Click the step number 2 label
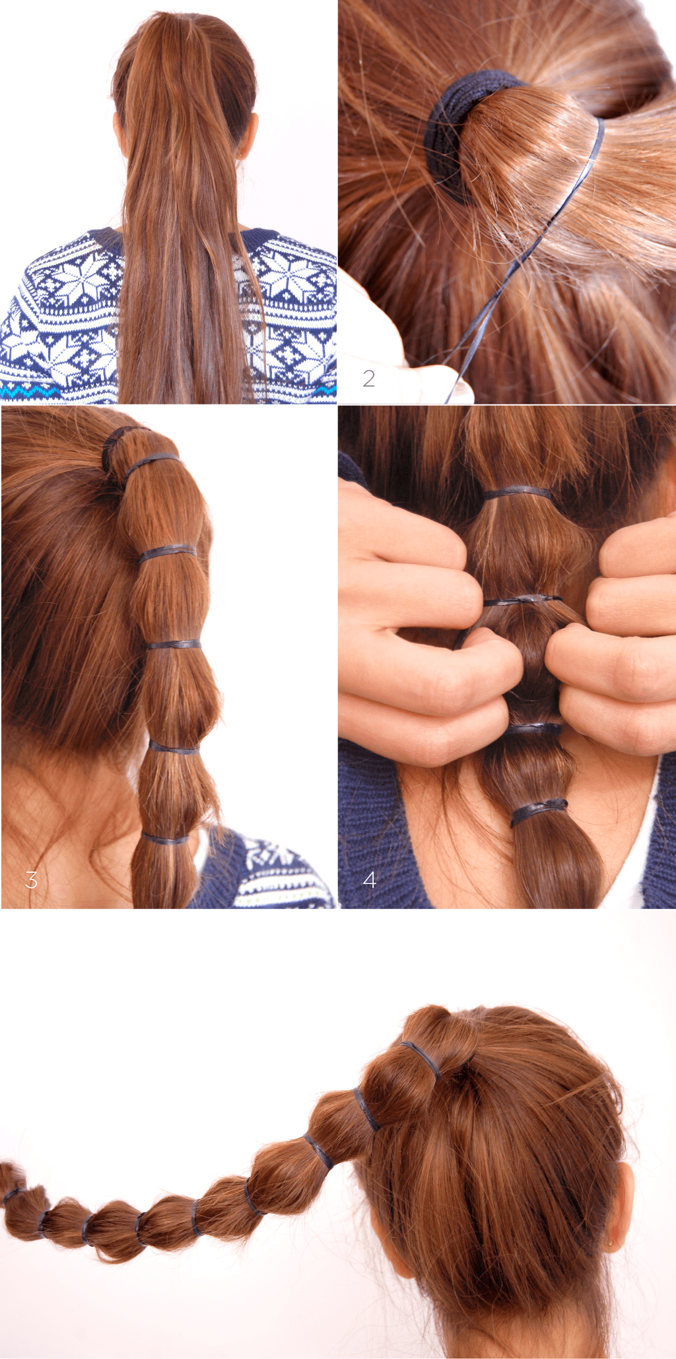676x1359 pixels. point(369,378)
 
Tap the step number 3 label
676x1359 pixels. point(31,879)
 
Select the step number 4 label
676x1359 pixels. point(370,879)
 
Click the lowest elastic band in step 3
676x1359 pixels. point(165,840)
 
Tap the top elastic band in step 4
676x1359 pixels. point(518,492)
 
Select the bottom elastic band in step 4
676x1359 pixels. point(538,811)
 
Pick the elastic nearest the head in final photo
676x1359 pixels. point(421,1060)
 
